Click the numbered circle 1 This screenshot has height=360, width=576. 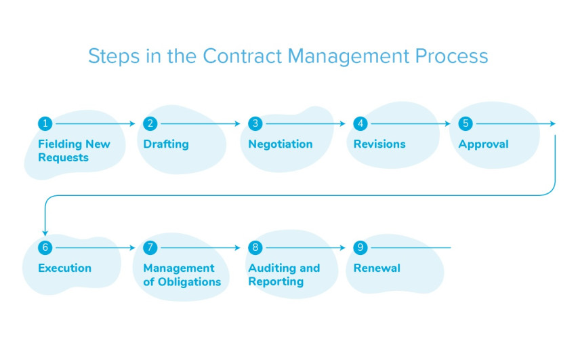(45, 123)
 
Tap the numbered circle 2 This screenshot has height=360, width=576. (150, 123)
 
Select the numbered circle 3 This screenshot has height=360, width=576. (255, 123)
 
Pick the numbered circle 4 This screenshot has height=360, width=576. (361, 123)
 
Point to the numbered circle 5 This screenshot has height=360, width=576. (465, 123)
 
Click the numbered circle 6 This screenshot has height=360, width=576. (45, 247)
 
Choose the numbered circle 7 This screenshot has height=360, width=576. (150, 247)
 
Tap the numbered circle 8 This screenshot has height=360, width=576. (255, 247)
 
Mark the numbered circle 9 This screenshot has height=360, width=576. (361, 247)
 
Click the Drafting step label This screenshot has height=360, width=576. (166, 144)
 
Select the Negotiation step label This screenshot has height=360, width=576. (281, 144)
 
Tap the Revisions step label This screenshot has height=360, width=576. (379, 144)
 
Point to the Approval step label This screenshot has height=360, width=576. (483, 144)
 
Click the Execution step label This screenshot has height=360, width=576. (64, 268)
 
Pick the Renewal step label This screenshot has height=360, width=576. (377, 268)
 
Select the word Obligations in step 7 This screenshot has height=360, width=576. (189, 281)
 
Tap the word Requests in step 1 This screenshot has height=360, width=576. (63, 157)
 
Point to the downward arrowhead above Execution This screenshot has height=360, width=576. (45, 231)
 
